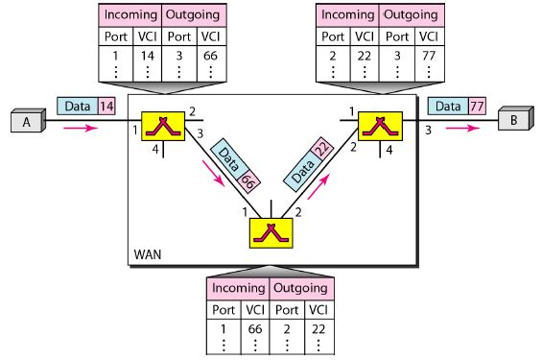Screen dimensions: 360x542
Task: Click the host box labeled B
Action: pyautogui.click(x=513, y=121)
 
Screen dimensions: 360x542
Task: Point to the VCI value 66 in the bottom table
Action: pyautogui.click(x=254, y=328)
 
